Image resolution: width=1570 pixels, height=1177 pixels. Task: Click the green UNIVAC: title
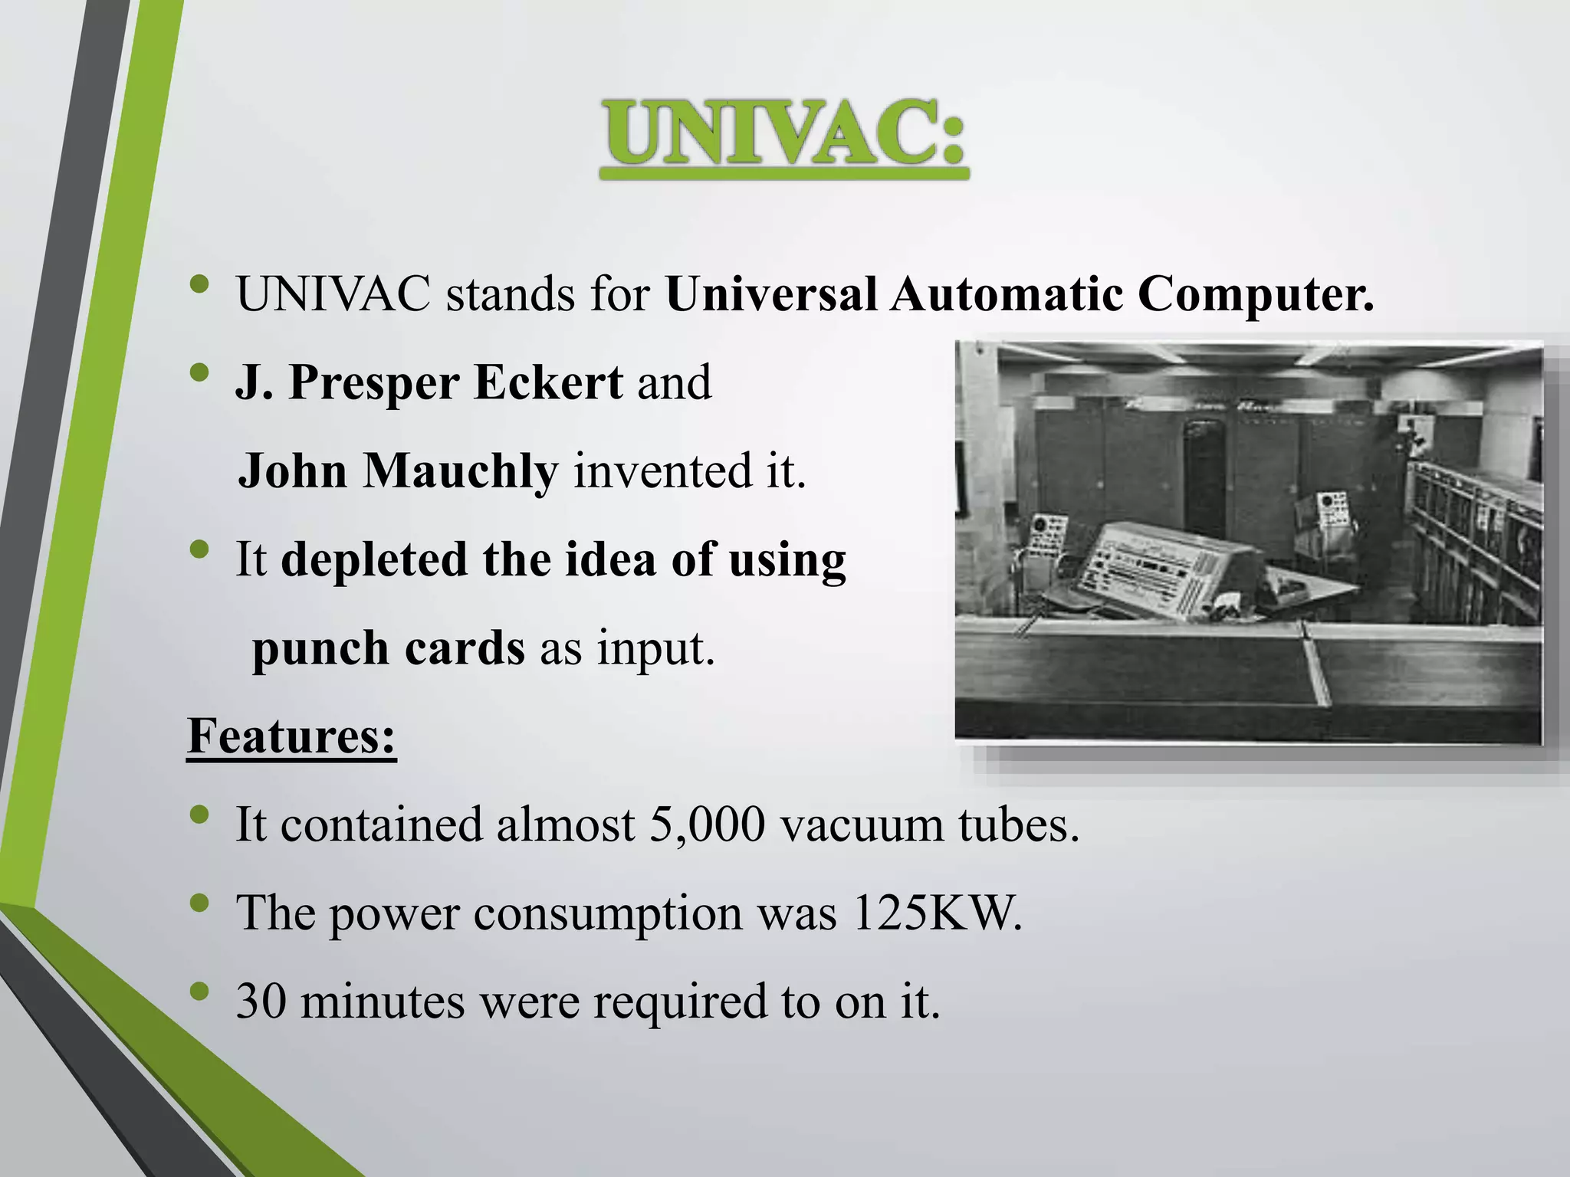783,136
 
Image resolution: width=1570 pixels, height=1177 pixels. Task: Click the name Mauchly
460,470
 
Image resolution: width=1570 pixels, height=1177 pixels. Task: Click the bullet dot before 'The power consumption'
199,905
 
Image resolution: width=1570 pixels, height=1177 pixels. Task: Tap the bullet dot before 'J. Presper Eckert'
199,373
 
